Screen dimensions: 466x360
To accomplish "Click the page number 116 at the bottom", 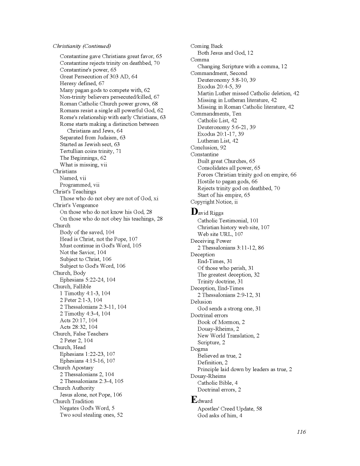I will [301, 432].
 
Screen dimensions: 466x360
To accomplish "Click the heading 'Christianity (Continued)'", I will [82, 46].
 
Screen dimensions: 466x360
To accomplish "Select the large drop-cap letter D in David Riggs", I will [194, 212].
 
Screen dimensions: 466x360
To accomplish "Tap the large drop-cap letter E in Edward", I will [194, 400].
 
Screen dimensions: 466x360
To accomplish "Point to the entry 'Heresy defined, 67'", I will [82, 83].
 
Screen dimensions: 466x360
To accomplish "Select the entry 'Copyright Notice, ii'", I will [214, 202].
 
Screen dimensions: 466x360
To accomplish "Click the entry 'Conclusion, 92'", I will [208, 148].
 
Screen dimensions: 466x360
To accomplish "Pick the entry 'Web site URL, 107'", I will [220, 234].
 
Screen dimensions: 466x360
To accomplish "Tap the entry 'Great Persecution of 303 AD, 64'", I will [99, 77].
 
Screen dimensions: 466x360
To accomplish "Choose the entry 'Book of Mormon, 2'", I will [221, 322].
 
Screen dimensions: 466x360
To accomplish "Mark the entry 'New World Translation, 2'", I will [228, 336].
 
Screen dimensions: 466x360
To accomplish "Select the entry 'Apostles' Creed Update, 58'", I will [230, 409].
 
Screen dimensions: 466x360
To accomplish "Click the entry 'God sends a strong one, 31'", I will [229, 309].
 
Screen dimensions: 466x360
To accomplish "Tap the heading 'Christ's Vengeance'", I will [75, 205].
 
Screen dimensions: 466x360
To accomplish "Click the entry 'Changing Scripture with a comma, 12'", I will [242, 67].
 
